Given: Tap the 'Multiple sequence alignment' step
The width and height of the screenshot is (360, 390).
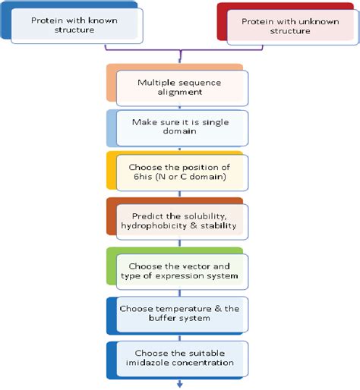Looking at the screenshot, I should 179,86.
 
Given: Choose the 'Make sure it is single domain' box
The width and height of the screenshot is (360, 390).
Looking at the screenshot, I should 179,127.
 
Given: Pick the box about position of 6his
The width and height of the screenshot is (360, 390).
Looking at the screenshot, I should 179,171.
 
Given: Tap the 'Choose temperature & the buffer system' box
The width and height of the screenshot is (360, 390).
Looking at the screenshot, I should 179,313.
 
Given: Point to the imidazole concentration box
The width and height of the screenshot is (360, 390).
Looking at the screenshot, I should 179,357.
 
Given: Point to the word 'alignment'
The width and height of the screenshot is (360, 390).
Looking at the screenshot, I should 180,92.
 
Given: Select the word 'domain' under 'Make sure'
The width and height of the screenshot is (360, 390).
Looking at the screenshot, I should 180,132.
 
